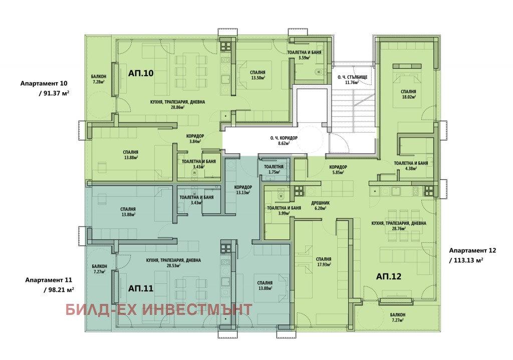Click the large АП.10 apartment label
(x=140, y=73)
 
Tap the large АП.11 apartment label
(x=140, y=288)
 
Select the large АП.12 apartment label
(x=389, y=276)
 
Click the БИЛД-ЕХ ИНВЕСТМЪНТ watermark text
(x=159, y=309)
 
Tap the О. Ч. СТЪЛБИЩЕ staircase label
(x=353, y=80)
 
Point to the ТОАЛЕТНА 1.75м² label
(x=273, y=169)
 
